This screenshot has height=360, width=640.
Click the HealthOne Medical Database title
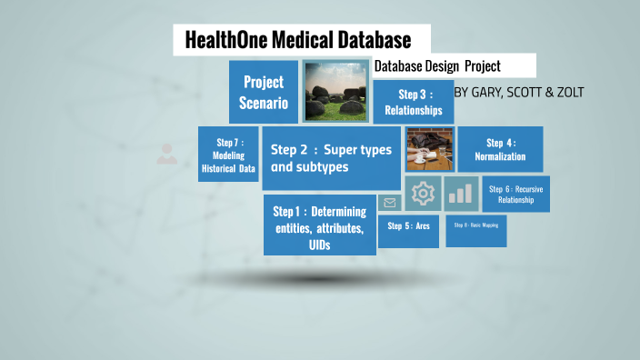pyautogui.click(x=297, y=40)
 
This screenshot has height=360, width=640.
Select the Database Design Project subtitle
pyautogui.click(x=438, y=66)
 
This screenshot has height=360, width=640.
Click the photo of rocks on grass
pyautogui.click(x=335, y=92)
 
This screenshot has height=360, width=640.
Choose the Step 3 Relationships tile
pyautogui.click(x=413, y=102)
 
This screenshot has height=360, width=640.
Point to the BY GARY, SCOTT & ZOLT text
pyautogui.click(x=518, y=92)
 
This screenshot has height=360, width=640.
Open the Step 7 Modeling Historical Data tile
pyautogui.click(x=228, y=155)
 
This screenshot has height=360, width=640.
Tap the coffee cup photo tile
pyautogui.click(x=429, y=150)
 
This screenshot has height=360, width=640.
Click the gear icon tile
pyautogui.click(x=423, y=193)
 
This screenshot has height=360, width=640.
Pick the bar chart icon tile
pyautogui.click(x=461, y=193)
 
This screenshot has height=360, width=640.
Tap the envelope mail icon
pyautogui.click(x=390, y=203)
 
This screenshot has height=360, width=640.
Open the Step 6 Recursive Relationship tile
pyautogui.click(x=515, y=194)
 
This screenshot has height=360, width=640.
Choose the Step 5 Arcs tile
pyautogui.click(x=408, y=225)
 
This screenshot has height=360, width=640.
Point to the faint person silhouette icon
pyautogui.click(x=165, y=154)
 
